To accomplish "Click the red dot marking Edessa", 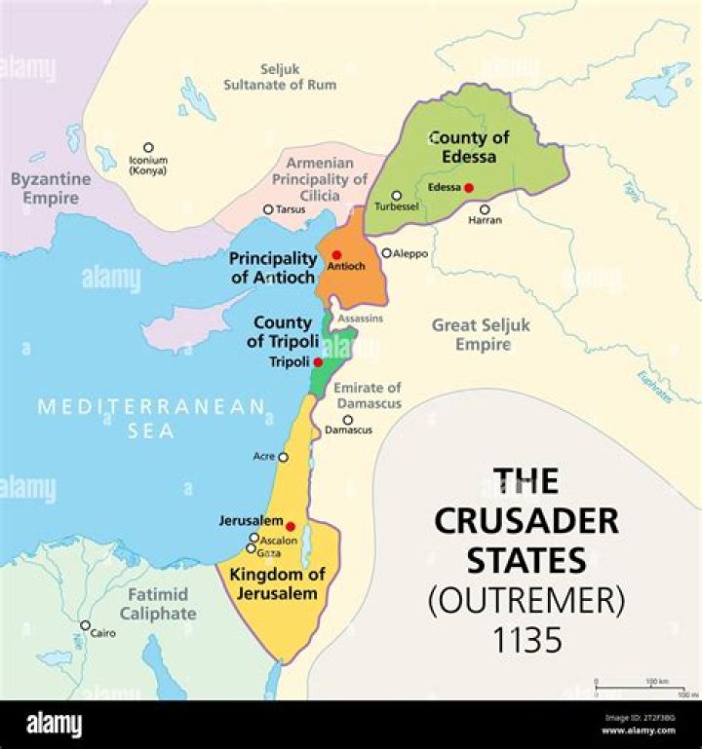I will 469,187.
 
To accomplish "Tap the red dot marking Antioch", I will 336,254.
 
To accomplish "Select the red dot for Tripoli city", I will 318,361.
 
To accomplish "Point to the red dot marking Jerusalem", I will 291,526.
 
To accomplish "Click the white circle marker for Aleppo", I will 386,253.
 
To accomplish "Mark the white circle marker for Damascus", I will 347,420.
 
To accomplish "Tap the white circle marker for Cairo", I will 85,625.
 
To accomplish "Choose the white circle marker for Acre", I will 284,457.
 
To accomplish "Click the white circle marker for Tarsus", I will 268,209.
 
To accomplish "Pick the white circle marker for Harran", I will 484,208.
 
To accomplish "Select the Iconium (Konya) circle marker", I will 148,148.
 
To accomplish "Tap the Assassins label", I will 361,318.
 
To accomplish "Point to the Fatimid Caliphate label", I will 158,604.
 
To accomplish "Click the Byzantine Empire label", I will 51,188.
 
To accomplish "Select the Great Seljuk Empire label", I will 481,334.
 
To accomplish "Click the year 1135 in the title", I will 526,640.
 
